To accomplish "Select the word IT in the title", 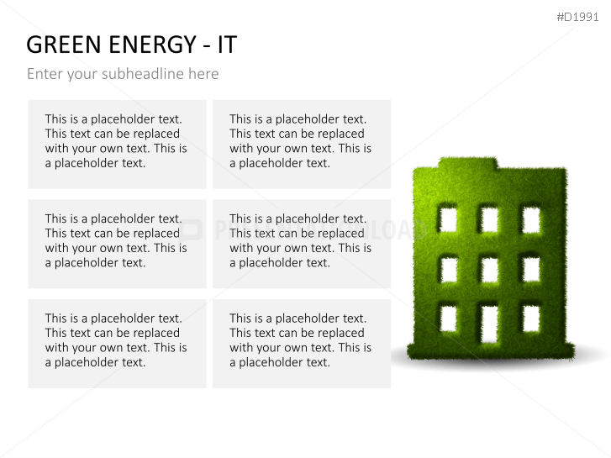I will tap(227, 45).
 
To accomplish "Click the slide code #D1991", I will tap(577, 17).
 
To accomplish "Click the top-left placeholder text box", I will tap(117, 144).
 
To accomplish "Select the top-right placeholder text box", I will tap(301, 144).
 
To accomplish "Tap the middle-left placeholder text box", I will tap(117, 244).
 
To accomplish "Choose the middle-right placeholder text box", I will tap(301, 244).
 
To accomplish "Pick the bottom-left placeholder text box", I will tap(117, 343).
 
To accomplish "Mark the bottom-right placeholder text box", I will tap(301, 343).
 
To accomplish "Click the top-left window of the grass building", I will tap(448, 220).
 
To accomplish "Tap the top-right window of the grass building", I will tap(530, 220).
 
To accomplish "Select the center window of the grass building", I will tap(489, 269).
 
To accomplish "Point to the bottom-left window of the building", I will tap(448, 319).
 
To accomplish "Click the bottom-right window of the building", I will tap(530, 319).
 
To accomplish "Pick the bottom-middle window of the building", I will tap(489, 320).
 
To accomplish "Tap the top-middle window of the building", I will tap(489, 220).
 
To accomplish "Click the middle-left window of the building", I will tap(448, 269).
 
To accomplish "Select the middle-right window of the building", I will tap(530, 269).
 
